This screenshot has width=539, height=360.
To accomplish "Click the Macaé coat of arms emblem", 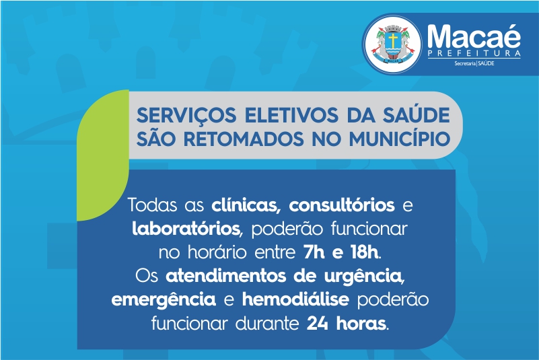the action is (x=393, y=44).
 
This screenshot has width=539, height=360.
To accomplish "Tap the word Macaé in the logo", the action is (x=474, y=36).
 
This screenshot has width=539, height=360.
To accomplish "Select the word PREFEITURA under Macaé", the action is (x=474, y=53).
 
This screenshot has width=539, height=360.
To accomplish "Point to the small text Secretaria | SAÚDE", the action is (x=474, y=63).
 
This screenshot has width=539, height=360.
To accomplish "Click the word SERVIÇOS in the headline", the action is (x=186, y=115).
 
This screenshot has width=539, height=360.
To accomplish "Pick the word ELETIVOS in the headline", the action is (x=291, y=115).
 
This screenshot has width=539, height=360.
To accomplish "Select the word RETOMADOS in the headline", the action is (x=244, y=139).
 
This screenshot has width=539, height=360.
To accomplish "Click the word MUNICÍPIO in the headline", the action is (x=400, y=138).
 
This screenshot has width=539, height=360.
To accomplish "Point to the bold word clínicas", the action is (x=244, y=205).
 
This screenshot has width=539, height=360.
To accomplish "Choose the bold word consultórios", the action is (x=342, y=205).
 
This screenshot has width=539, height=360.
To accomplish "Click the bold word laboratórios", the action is (x=186, y=229).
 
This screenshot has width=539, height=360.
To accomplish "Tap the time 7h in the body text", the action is (x=314, y=253).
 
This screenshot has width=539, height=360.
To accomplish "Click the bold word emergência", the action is (x=164, y=300).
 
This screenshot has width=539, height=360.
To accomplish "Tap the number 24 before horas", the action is (x=318, y=324).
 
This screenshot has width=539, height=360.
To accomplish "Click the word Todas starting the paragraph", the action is (x=153, y=205).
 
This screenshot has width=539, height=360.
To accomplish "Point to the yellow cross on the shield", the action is (x=393, y=40).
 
